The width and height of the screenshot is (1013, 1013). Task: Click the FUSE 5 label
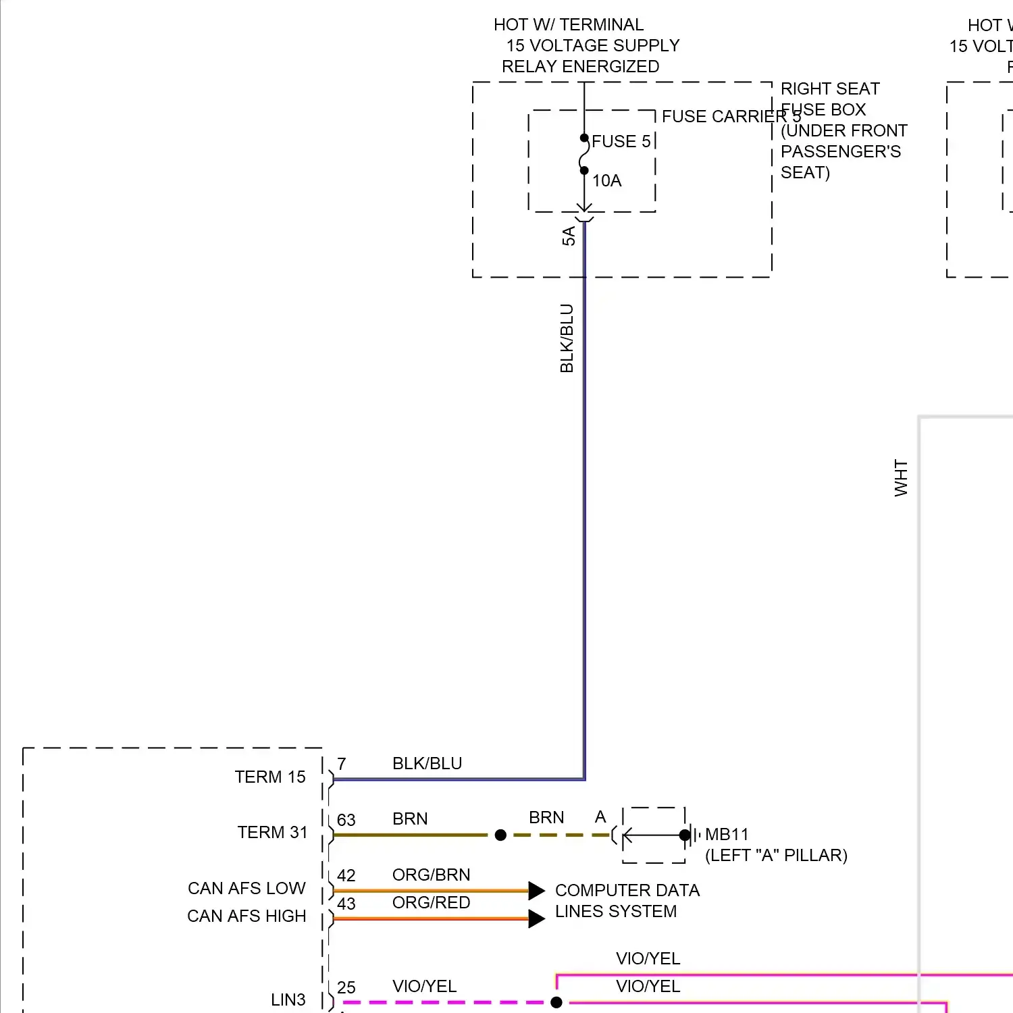click(x=621, y=142)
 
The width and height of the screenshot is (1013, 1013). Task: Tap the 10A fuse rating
click(x=606, y=181)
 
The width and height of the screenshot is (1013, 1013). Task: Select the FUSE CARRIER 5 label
click(x=731, y=117)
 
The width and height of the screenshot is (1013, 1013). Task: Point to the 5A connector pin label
click(x=569, y=236)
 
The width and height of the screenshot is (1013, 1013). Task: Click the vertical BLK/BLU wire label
click(x=567, y=338)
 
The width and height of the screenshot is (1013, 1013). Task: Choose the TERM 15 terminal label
click(x=270, y=777)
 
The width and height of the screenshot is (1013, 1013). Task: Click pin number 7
click(x=342, y=764)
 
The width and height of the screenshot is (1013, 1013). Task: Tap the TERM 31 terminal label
click(x=272, y=833)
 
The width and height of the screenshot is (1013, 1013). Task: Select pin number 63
click(x=346, y=820)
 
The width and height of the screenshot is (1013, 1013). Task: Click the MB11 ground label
click(x=727, y=835)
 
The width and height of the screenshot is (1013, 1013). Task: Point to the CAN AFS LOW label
click(x=246, y=888)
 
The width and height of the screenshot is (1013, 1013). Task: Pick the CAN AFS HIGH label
click(x=246, y=916)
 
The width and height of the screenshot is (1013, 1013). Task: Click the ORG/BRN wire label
click(x=431, y=875)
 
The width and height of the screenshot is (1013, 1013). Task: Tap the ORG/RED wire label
click(x=431, y=903)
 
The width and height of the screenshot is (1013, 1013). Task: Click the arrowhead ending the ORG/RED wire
click(x=537, y=918)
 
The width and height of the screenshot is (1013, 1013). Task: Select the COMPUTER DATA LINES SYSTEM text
click(x=627, y=901)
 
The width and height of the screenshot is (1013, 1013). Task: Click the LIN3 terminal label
click(x=288, y=1000)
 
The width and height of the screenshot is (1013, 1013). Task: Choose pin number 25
click(x=346, y=988)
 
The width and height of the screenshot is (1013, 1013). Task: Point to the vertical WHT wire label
click(x=901, y=478)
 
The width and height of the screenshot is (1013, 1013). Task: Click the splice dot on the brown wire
click(x=500, y=835)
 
